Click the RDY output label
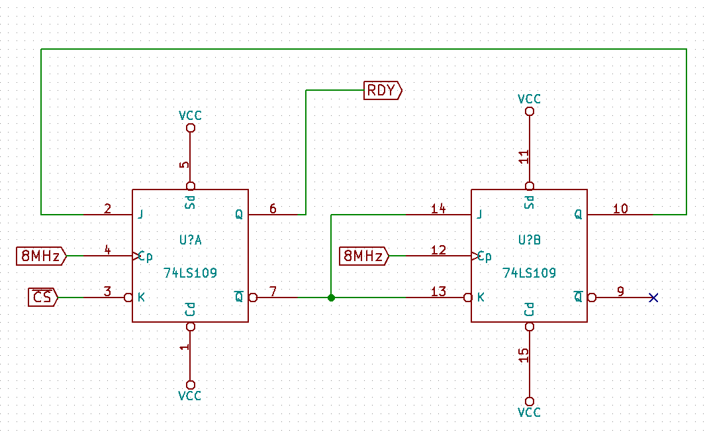pyautogui.click(x=382, y=90)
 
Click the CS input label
pyautogui.click(x=42, y=298)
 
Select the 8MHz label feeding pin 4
pyautogui.click(x=41, y=255)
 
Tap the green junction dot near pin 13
pyautogui.click(x=331, y=298)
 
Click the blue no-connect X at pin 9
pyautogui.click(x=654, y=298)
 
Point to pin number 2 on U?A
pyautogui.click(x=108, y=209)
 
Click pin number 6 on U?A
pyautogui.click(x=273, y=209)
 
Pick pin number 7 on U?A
pyautogui.click(x=273, y=292)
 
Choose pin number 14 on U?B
pyautogui.click(x=438, y=209)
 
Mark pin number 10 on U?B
pyautogui.click(x=620, y=209)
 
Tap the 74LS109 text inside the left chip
pyautogui.click(x=190, y=272)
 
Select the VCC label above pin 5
pyautogui.click(x=190, y=116)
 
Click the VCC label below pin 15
pyautogui.click(x=529, y=412)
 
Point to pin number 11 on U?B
pyautogui.click(x=523, y=157)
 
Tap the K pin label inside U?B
pyautogui.click(x=480, y=298)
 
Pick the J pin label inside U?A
pyautogui.click(x=140, y=215)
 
